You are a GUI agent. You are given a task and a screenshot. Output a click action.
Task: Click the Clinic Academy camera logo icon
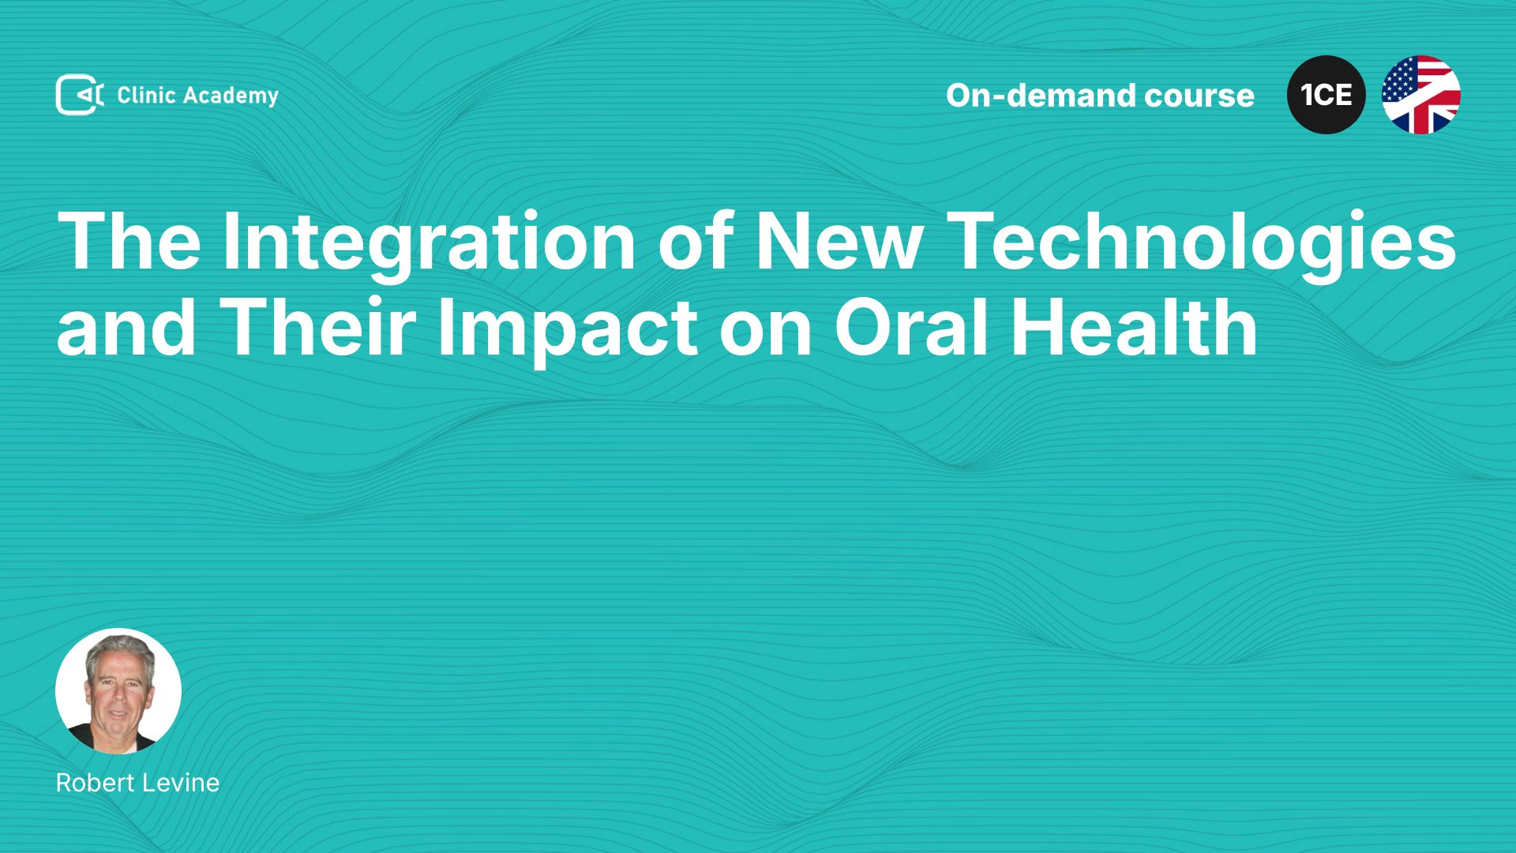point(80,95)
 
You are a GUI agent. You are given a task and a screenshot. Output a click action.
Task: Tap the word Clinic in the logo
point(146,96)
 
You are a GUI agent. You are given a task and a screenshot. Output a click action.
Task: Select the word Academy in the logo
point(231,96)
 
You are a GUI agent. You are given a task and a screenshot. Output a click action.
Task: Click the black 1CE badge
point(1326,95)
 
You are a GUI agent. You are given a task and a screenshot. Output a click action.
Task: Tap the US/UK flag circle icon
point(1421,95)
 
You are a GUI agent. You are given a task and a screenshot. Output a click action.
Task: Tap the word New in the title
point(839,242)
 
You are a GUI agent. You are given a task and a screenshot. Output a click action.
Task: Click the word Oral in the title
point(914,327)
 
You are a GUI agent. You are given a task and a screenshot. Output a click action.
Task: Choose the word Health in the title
point(1135,327)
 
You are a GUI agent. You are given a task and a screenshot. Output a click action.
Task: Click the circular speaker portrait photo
point(118,691)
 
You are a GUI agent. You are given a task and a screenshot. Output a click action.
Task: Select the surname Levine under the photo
point(181,783)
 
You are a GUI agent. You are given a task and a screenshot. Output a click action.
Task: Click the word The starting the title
point(129,242)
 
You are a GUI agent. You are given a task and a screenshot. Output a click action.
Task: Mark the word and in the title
point(126,327)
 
